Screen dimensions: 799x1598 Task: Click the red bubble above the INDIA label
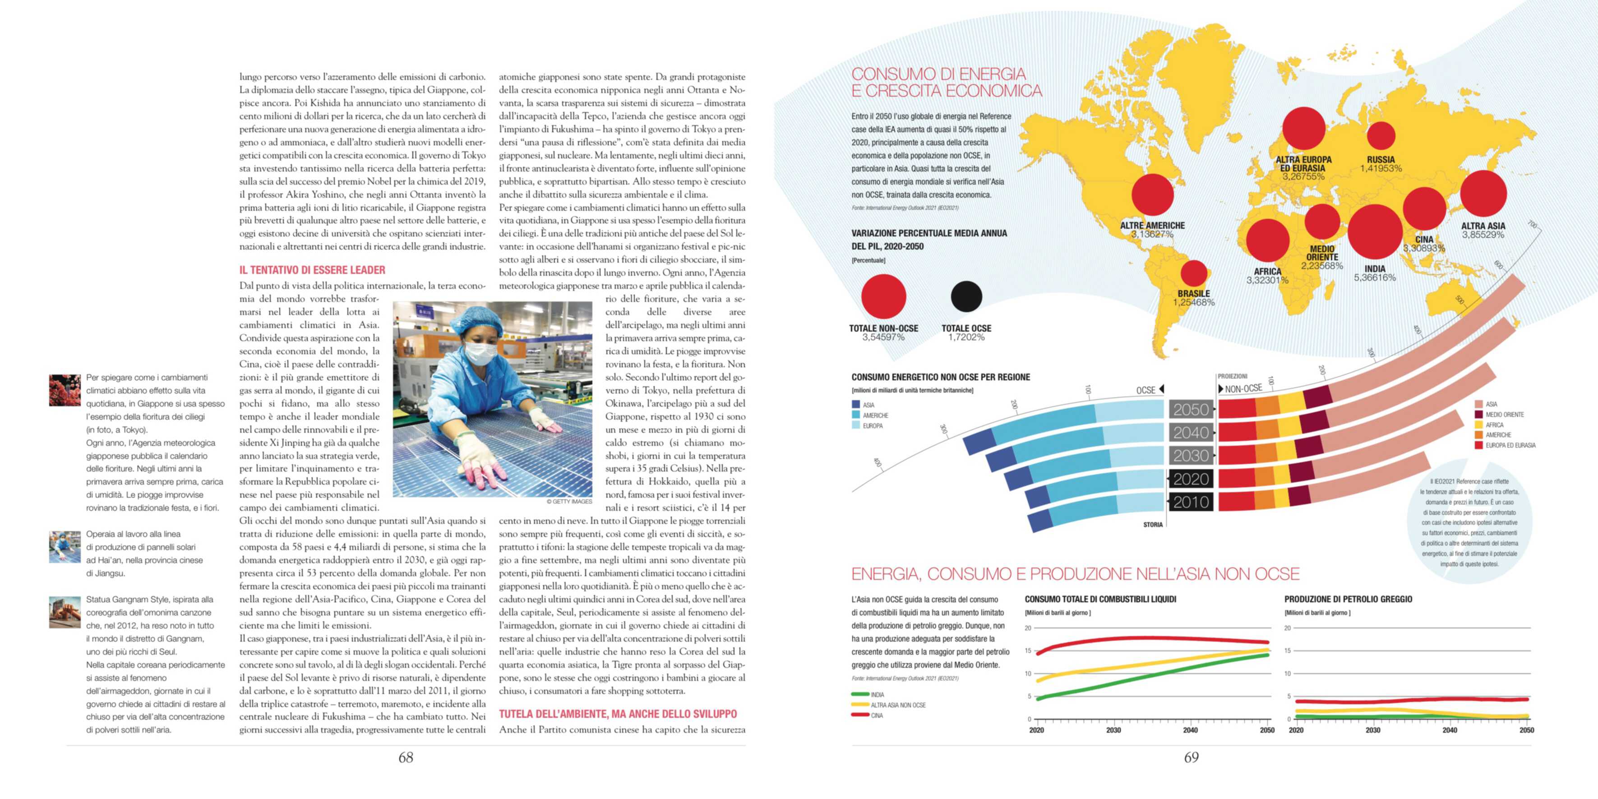click(x=1375, y=231)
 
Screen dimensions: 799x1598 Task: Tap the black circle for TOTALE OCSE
click(x=966, y=296)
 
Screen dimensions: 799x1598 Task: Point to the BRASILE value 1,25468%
click(x=1194, y=303)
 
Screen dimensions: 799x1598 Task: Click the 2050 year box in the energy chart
click(x=1191, y=410)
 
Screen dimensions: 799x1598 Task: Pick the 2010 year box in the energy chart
click(x=1191, y=502)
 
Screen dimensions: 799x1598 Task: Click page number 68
click(x=406, y=757)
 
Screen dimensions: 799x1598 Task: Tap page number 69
click(x=1191, y=757)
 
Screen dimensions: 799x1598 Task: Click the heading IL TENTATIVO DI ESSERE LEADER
click(x=312, y=270)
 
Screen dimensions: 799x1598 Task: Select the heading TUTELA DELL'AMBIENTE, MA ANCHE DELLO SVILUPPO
click(x=618, y=714)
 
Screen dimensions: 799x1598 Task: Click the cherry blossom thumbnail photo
click(x=65, y=390)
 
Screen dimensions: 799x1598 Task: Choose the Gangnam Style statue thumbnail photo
click(x=65, y=612)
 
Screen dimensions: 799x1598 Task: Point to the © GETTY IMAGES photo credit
click(x=569, y=501)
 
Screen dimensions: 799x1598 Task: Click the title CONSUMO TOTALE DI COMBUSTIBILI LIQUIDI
click(x=1100, y=599)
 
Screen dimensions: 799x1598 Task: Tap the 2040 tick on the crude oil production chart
click(x=1449, y=730)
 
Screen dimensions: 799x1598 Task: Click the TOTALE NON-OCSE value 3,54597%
click(x=883, y=337)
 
